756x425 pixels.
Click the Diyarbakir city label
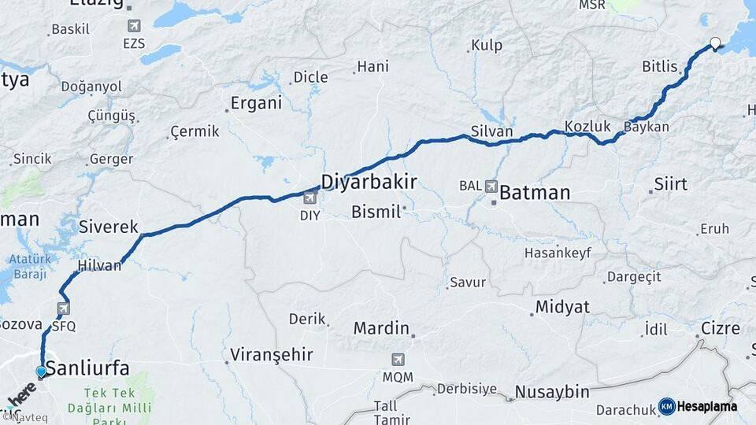(x=369, y=182)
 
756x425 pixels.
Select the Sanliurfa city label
(x=87, y=367)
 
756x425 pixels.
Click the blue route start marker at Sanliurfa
(x=41, y=371)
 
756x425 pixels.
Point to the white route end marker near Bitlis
(x=715, y=43)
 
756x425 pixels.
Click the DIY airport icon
(x=310, y=198)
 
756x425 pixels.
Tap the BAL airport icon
(x=492, y=187)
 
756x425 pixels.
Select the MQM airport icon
(x=398, y=360)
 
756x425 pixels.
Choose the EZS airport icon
(x=134, y=26)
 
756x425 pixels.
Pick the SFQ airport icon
(x=63, y=309)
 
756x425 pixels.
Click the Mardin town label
(x=381, y=327)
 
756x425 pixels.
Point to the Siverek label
(x=109, y=227)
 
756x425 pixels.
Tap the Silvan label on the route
(x=491, y=131)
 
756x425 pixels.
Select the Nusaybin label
(x=551, y=391)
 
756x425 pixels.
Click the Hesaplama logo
(x=698, y=406)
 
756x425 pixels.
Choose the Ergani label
(x=255, y=103)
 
